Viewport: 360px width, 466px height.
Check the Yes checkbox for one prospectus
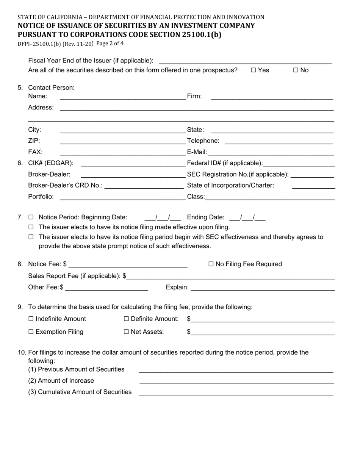[x=254, y=70]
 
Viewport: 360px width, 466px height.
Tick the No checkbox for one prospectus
[x=296, y=70]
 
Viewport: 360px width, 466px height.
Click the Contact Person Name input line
[x=122, y=97]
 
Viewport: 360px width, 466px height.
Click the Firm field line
[x=271, y=97]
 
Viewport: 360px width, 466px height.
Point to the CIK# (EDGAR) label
[x=51, y=163]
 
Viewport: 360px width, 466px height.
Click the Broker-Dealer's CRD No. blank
[x=144, y=186]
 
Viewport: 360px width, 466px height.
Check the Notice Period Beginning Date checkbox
[x=31, y=217]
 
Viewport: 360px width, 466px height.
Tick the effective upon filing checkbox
[x=31, y=227]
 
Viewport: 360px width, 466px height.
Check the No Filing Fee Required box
[x=211, y=264]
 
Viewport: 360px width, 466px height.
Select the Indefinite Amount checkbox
[x=31, y=319]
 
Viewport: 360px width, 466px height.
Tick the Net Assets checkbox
[x=127, y=332]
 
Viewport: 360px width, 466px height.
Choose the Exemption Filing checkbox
[x=31, y=332]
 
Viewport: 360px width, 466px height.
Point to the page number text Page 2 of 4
[x=110, y=44]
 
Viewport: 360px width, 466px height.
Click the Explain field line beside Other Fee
[x=262, y=289]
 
